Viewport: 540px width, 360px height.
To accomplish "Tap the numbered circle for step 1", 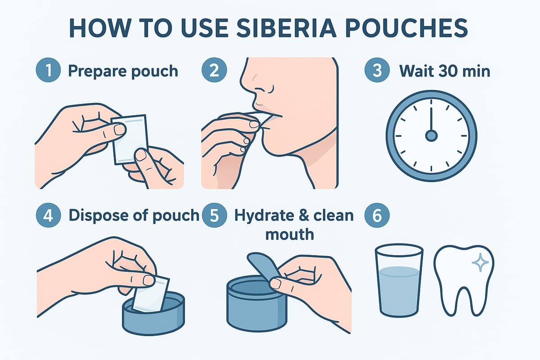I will pyautogui.click(x=47, y=72).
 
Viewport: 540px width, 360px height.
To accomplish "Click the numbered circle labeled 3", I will pyautogui.click(x=376, y=72).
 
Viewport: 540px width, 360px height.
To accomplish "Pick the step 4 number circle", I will pyautogui.click(x=47, y=215).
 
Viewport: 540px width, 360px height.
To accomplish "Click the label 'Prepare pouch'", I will pyautogui.click(x=122, y=71).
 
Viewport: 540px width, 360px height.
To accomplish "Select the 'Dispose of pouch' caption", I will pyautogui.click(x=133, y=215).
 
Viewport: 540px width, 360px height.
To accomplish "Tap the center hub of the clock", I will pyautogui.click(x=431, y=135).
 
